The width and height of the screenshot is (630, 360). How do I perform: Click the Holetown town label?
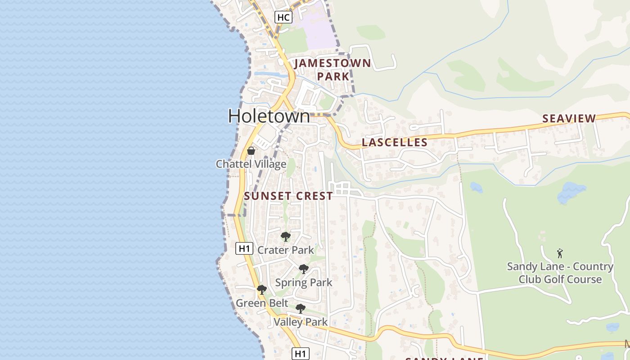269,116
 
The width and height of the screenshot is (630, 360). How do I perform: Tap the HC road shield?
283,18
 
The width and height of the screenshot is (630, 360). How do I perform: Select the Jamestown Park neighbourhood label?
333,70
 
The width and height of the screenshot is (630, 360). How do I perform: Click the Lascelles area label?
395,143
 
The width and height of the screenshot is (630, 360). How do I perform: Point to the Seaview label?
569,118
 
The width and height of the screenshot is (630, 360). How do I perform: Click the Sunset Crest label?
288,196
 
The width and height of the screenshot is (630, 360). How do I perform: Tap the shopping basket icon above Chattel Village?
251,150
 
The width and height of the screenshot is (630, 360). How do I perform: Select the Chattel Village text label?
251,164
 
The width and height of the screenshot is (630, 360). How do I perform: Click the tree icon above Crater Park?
285,236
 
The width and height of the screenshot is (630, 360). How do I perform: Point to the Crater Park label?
285,250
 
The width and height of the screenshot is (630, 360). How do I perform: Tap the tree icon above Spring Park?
304,269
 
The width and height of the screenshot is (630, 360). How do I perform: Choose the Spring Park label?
303,283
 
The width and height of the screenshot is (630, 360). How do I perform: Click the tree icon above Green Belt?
261,289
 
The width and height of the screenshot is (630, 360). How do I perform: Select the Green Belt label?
262,303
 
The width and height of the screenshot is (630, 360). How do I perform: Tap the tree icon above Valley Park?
300,309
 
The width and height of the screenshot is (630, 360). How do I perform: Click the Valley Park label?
301,322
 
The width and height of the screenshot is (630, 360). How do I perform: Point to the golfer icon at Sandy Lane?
560,253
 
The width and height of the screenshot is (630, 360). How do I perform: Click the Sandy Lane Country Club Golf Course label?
560,273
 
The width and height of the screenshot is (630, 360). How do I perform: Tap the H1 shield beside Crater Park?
244,248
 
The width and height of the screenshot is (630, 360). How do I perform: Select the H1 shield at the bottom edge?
300,354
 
